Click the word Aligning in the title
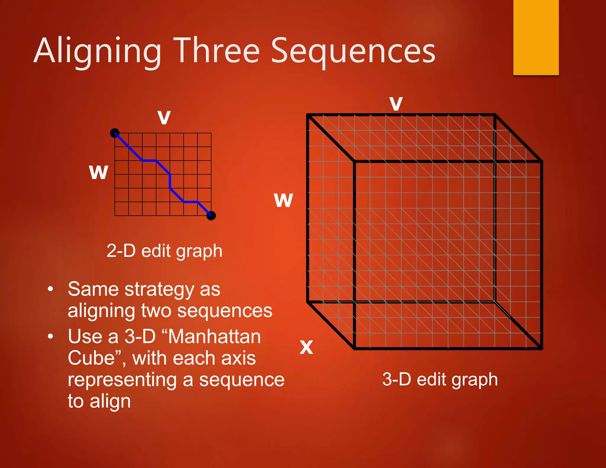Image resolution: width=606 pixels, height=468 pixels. [98, 51]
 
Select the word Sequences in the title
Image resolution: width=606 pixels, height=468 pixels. [353, 51]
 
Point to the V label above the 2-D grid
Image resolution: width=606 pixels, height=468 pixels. [164, 117]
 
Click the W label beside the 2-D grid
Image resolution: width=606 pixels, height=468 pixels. [99, 172]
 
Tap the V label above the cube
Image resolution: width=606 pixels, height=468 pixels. [396, 104]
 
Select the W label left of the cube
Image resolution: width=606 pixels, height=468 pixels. [283, 200]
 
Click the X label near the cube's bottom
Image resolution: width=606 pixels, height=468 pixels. [306, 347]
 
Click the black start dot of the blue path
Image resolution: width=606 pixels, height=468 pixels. [115, 133]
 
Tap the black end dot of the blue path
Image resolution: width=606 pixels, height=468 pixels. [211, 216]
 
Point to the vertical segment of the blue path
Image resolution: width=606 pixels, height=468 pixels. [170, 181]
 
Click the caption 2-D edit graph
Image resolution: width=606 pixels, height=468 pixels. [164, 251]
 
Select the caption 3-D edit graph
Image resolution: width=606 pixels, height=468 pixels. [440, 379]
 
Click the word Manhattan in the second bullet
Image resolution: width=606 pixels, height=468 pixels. [214, 337]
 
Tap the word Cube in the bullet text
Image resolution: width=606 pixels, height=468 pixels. [91, 358]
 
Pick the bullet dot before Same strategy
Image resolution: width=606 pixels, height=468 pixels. [51, 289]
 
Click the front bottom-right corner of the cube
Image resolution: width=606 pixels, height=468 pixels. [541, 348]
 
